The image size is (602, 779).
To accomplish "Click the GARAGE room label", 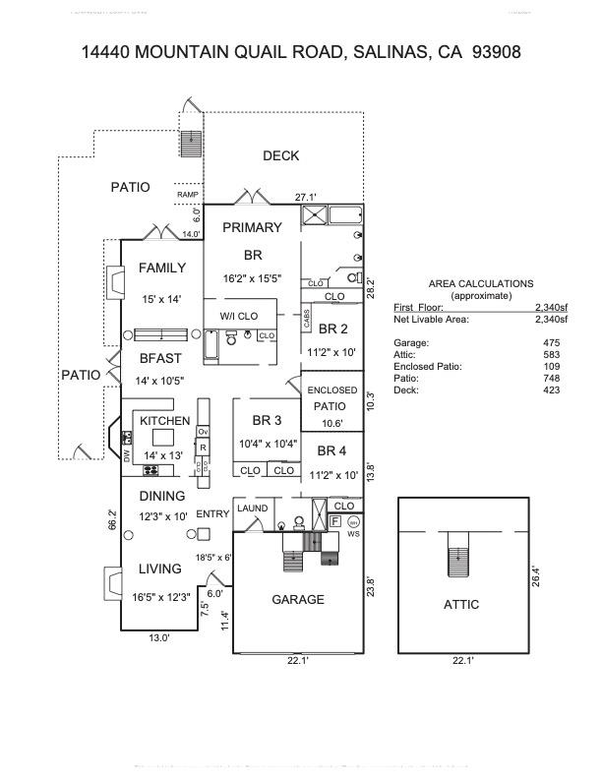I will (297, 599).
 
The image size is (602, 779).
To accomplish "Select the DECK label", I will (280, 155).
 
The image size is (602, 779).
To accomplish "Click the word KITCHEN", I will (164, 421).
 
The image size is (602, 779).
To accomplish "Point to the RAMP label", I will (188, 195).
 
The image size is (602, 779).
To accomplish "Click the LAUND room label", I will (252, 509).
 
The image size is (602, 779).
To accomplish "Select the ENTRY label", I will (212, 514).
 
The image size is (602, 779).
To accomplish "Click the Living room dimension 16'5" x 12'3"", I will (158, 596).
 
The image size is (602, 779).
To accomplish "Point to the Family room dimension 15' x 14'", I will (162, 299).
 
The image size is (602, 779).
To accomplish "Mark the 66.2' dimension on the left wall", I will (112, 518).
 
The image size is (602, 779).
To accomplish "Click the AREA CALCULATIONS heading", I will (481, 283).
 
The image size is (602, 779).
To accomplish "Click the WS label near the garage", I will (354, 534).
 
